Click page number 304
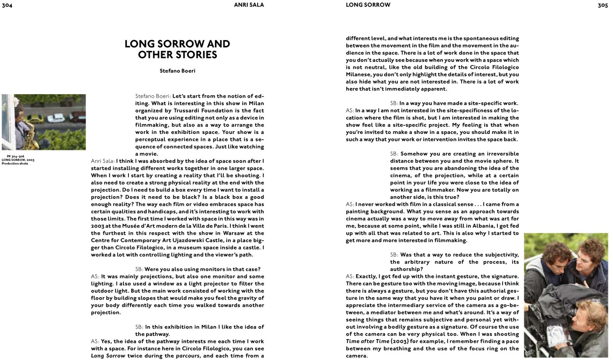(x=7, y=5)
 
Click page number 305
(x=602, y=5)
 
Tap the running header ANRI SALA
(x=249, y=5)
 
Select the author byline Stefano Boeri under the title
(x=177, y=71)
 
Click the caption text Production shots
(x=15, y=163)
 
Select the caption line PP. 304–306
(x=15, y=156)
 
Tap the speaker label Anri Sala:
(x=103, y=161)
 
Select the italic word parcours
(x=188, y=356)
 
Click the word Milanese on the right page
(x=358, y=74)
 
